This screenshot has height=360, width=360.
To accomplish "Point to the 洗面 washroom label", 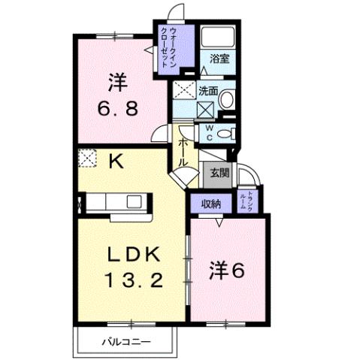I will [208, 91].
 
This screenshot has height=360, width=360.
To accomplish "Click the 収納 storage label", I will [210, 203].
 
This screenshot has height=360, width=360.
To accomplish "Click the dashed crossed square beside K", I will [87, 159].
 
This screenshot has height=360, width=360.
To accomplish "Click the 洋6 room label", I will [226, 269].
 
